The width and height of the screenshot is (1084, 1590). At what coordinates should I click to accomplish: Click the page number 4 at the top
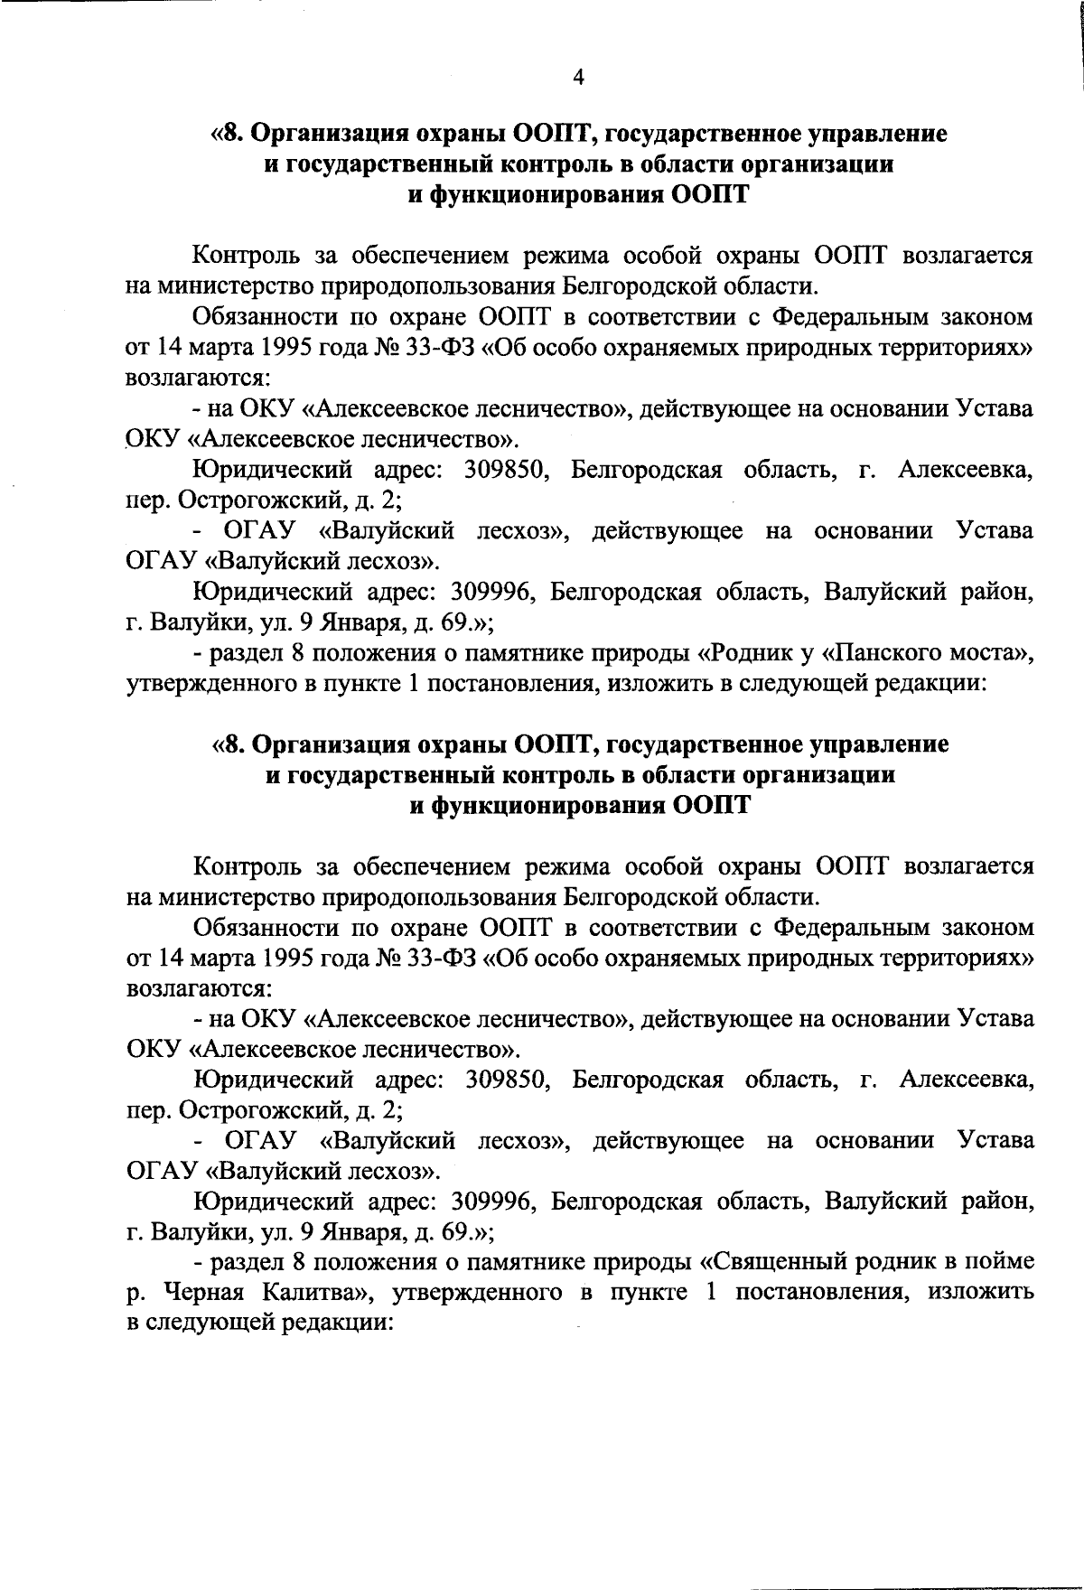click(579, 78)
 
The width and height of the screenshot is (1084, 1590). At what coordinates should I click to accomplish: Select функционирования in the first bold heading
click(545, 195)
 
